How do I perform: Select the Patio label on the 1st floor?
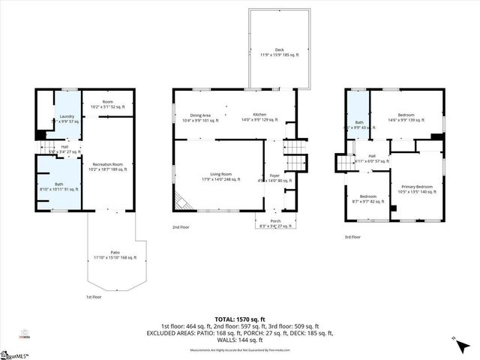point(114,255)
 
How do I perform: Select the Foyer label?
point(274,178)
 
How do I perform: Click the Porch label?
point(276,223)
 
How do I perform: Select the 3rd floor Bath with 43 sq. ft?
point(360,125)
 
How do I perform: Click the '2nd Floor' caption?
point(181,226)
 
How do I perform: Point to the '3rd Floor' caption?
point(352,236)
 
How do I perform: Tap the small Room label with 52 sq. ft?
point(107,104)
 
